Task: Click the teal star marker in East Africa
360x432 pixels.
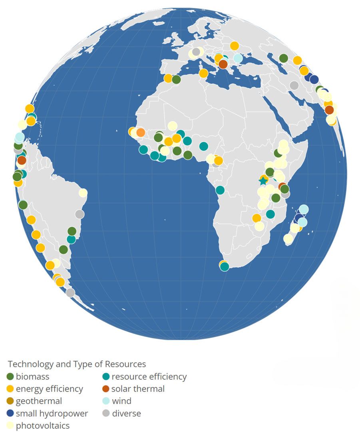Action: point(263,181)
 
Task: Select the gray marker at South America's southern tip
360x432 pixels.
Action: point(70,292)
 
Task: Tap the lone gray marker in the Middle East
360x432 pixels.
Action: point(294,85)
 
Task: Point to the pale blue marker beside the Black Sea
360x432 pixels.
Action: point(238,58)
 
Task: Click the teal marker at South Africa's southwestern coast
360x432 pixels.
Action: point(225,266)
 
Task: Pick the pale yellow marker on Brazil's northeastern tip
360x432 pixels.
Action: point(83,193)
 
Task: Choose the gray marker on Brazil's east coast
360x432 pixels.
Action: point(80,214)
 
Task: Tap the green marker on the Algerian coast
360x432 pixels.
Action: point(176,80)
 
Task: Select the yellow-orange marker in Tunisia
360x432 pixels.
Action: point(203,73)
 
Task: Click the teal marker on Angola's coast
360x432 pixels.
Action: point(220,190)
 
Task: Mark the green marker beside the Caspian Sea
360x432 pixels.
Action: point(283,58)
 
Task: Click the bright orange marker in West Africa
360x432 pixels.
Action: point(140,132)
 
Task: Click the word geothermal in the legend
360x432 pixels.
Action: point(39,401)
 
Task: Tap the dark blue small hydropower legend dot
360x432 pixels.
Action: point(10,413)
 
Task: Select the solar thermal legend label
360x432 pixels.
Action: point(138,388)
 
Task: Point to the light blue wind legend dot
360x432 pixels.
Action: point(106,401)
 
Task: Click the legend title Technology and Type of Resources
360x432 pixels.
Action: point(77,364)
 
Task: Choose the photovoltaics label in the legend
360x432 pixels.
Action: point(43,426)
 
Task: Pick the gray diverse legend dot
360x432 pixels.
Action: point(106,413)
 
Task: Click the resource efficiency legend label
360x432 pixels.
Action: point(149,376)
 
